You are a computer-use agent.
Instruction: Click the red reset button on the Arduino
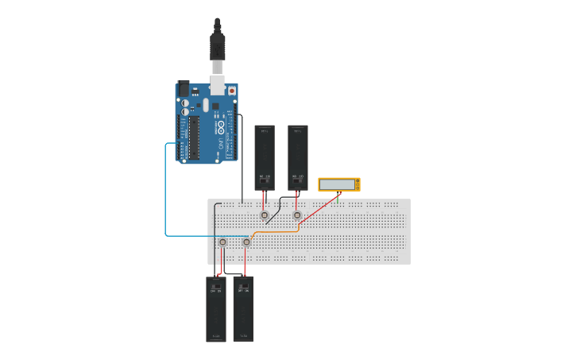coord(232,91)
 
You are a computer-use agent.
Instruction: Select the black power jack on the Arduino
coord(184,88)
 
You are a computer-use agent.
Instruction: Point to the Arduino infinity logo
coord(220,127)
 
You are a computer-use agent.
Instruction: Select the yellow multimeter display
coord(338,184)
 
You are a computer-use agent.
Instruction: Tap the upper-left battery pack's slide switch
coord(265,181)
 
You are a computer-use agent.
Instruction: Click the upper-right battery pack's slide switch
coord(298,181)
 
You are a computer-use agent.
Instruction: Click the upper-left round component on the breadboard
coord(265,215)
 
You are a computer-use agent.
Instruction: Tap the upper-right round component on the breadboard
coord(297,215)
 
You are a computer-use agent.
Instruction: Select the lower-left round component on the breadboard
coord(222,242)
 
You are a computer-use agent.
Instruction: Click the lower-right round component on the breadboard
coord(246,242)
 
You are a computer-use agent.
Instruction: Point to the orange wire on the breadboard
coord(278,231)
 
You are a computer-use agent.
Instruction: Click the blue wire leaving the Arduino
coord(165,191)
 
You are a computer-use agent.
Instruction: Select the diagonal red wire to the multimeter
coord(318,208)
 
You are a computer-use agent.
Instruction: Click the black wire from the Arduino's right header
coord(242,159)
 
